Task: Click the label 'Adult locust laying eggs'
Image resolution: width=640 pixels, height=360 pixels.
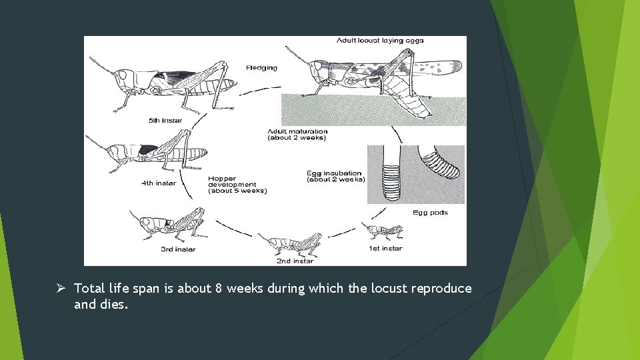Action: tap(380, 41)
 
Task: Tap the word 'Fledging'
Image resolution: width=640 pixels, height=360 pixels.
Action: tap(261, 68)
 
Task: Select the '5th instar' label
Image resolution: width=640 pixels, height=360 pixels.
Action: tap(165, 121)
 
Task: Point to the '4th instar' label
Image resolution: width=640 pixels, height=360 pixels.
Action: tap(159, 183)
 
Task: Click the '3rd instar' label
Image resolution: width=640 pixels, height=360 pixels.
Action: tap(178, 249)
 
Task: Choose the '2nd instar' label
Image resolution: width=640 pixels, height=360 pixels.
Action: tap(295, 261)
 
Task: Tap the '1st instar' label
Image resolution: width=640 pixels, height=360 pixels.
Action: tap(385, 249)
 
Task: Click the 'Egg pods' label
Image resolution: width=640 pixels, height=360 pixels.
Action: tap(430, 213)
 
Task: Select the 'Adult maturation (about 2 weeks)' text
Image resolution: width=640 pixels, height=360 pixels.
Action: tap(297, 135)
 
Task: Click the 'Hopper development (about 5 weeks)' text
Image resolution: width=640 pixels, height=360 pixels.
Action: tap(237, 185)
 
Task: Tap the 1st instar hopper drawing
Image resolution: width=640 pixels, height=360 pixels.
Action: tap(383, 231)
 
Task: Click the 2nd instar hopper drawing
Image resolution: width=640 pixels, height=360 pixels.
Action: tap(291, 244)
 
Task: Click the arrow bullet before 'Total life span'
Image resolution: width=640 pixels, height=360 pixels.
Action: tap(60, 288)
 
